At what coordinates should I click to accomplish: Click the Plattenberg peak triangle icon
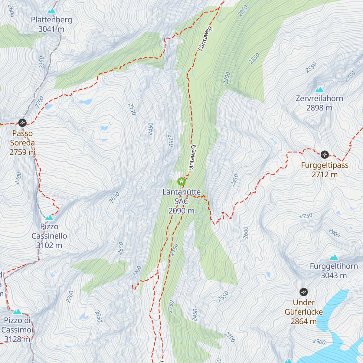pyautogui.click(x=51, y=11)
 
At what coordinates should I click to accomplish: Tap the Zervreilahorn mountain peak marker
pyautogui.click(x=319, y=90)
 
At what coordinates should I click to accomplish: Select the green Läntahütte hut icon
pyautogui.click(x=181, y=181)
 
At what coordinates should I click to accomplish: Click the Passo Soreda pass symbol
pyautogui.click(x=22, y=123)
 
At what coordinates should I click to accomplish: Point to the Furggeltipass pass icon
pyautogui.click(x=325, y=155)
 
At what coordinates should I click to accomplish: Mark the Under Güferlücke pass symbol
pyautogui.click(x=303, y=292)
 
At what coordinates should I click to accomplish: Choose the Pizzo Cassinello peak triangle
pyautogui.click(x=49, y=218)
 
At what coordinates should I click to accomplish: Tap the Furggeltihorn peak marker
pyautogui.click(x=334, y=257)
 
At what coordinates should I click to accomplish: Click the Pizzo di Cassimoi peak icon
pyautogui.click(x=17, y=312)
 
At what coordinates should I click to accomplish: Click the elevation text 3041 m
pyautogui.click(x=51, y=29)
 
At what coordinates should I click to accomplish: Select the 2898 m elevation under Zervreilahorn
pyautogui.click(x=319, y=108)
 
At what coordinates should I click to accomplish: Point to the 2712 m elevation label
pyautogui.click(x=325, y=175)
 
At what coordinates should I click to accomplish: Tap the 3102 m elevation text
pyautogui.click(x=49, y=245)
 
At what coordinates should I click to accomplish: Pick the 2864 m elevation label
pyautogui.click(x=303, y=321)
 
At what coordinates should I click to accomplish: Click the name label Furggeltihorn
pyautogui.click(x=334, y=266)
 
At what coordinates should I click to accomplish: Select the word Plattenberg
pyautogui.click(x=51, y=20)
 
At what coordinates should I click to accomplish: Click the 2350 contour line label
pyautogui.click(x=254, y=59)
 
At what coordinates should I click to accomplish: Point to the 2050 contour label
pyautogui.click(x=243, y=11)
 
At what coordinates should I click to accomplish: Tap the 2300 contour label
pyautogui.click(x=137, y=272)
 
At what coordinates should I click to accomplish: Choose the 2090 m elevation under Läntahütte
pyautogui.click(x=181, y=211)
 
